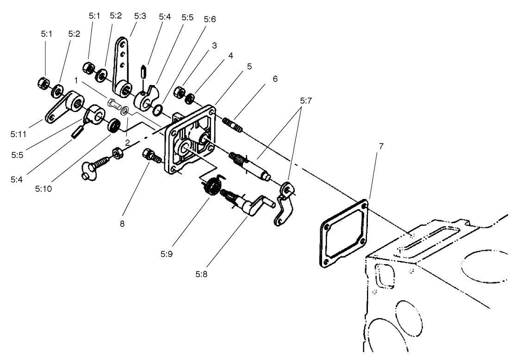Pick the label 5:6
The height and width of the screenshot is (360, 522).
click(x=209, y=19)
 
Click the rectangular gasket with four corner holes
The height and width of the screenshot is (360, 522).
click(x=343, y=231)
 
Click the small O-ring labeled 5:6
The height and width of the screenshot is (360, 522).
click(x=157, y=110)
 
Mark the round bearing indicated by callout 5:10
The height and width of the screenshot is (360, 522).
click(x=113, y=125)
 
